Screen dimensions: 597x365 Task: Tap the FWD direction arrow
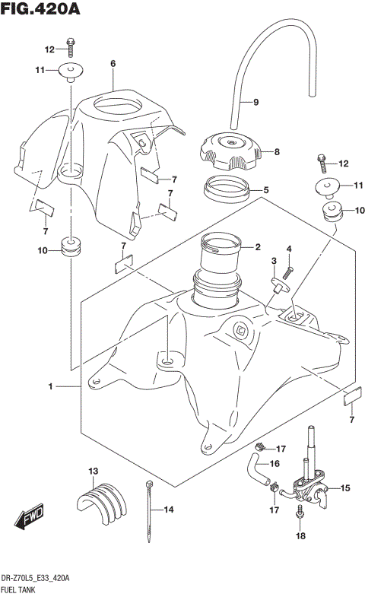click(28, 519)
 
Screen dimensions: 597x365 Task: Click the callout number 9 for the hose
click(255, 103)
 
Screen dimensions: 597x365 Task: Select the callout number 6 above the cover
click(112, 64)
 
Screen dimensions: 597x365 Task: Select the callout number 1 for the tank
click(50, 387)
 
